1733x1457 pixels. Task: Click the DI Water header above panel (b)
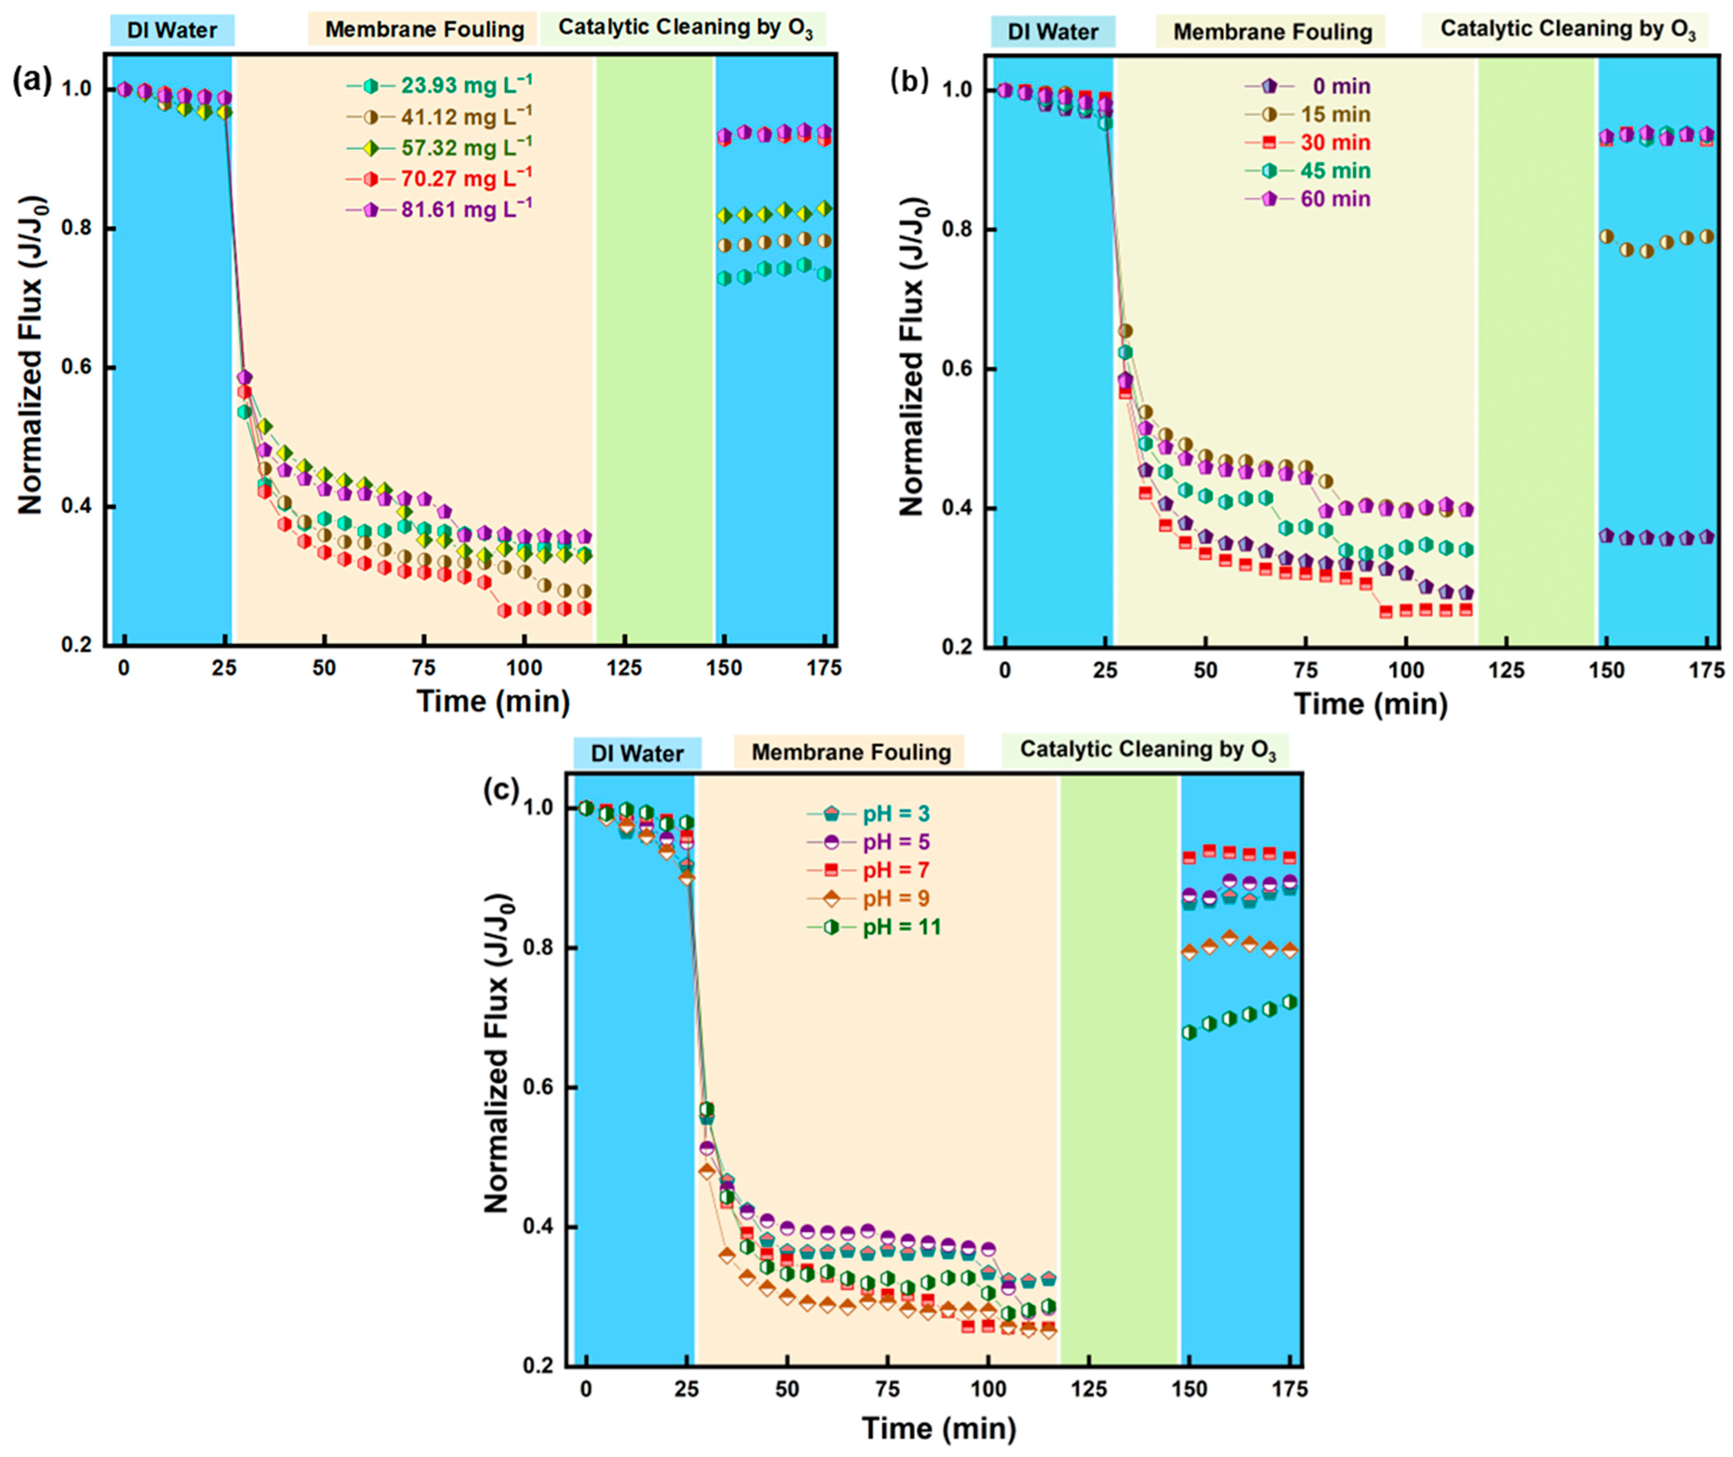[x=1053, y=32]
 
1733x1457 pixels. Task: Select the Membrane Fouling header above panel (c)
[x=851, y=753]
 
